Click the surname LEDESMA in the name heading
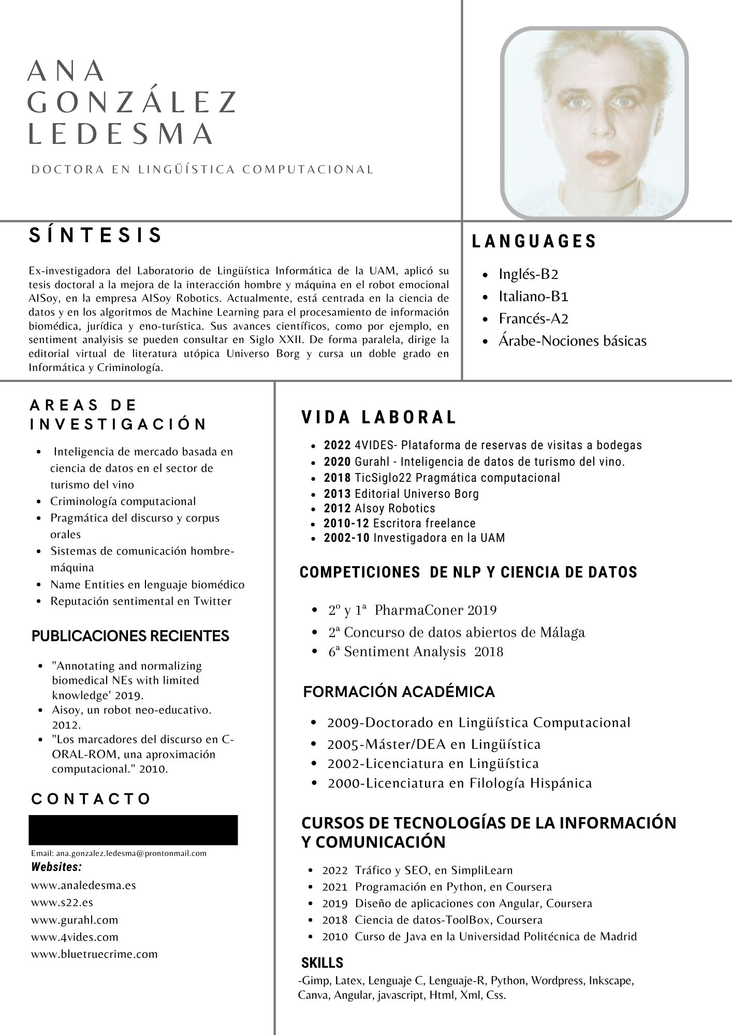point(120,134)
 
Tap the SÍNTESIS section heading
point(96,235)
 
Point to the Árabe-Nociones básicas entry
point(572,341)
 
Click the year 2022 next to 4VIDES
point(338,445)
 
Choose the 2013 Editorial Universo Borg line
point(401,494)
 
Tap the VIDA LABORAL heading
point(379,418)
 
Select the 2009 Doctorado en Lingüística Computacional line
point(478,722)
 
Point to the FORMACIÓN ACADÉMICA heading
point(399,692)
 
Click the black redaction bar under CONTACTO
point(133,830)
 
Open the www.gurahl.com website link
point(75,920)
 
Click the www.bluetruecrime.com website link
point(94,954)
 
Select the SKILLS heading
point(322,963)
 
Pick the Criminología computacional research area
point(123,501)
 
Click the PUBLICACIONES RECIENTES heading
point(130,636)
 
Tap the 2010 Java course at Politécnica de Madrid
point(479,937)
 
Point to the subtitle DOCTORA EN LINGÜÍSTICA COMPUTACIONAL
point(202,170)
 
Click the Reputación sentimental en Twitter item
point(140,601)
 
